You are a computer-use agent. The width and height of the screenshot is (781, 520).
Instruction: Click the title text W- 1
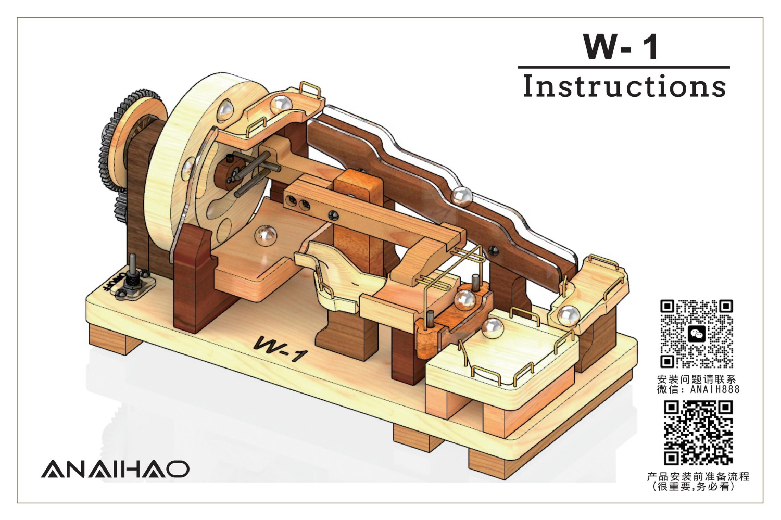coord(621,46)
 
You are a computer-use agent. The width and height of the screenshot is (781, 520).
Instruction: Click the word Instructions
coord(624,86)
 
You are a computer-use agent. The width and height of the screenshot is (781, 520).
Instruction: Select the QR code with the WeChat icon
coord(697,334)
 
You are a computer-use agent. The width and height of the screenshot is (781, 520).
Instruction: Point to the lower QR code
coord(698,433)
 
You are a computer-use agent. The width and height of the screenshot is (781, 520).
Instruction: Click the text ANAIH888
coord(714,389)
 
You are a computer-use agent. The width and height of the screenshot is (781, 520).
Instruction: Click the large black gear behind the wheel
coord(111,151)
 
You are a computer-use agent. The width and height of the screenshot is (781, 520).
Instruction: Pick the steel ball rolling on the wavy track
coord(461,196)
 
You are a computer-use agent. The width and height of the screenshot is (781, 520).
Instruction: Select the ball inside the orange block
coord(464,300)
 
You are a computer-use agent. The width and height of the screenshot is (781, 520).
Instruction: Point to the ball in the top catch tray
coord(283,104)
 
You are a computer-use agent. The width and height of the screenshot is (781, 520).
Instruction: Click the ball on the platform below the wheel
coord(266,235)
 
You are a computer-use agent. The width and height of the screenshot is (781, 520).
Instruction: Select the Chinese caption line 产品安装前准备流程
coord(698,476)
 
